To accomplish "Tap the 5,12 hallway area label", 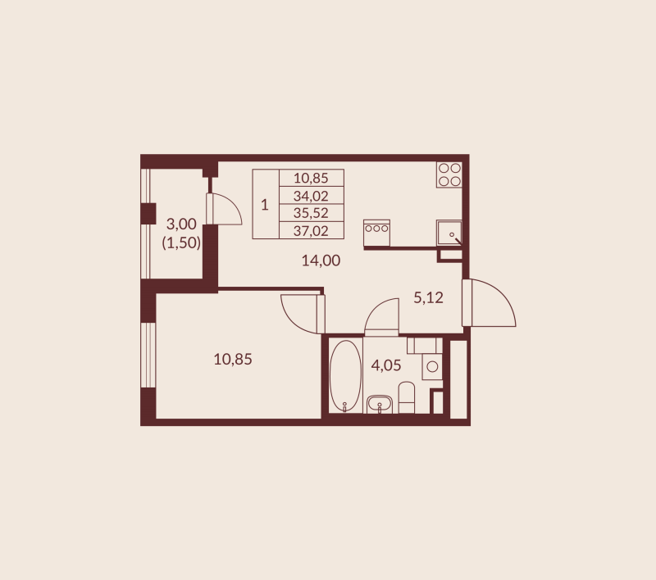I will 428,298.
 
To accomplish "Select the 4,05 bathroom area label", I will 386,365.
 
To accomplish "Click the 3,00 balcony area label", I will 181,223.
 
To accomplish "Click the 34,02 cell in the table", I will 311,195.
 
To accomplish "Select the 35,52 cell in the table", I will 311,213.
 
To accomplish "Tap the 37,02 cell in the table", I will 311,230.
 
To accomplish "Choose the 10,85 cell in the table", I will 311,178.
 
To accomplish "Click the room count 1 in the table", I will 265,204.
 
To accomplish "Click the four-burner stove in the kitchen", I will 449,174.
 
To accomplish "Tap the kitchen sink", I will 449,233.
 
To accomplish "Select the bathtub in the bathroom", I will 345,375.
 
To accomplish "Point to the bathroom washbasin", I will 378,403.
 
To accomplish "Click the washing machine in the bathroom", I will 432,367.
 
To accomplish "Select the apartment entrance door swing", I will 490,305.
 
